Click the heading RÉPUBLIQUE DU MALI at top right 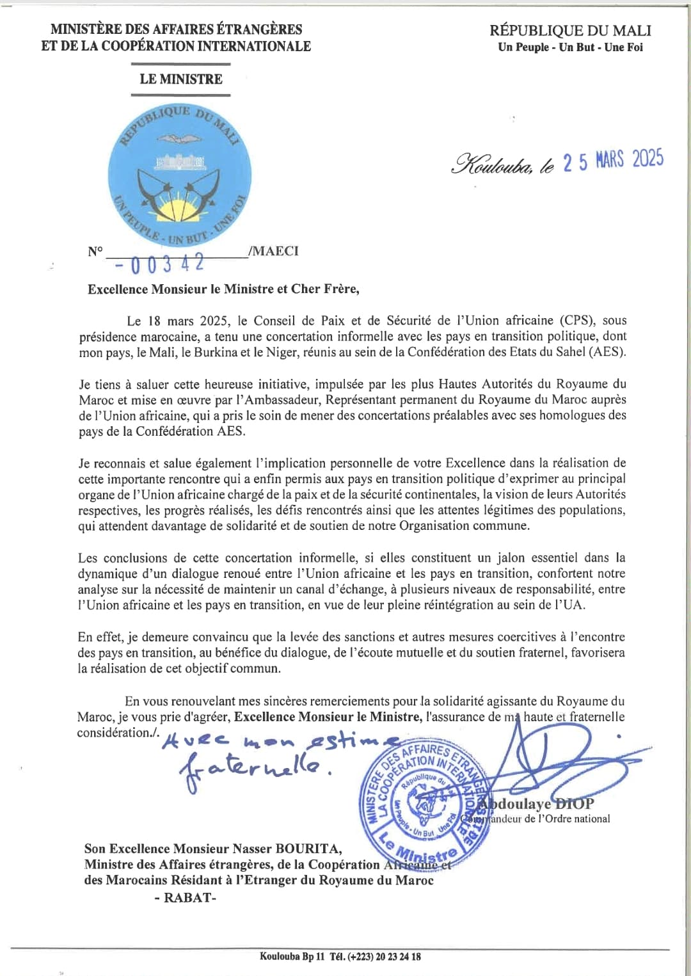click(570, 30)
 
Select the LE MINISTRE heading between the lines click(181, 79)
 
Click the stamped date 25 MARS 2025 click(612, 160)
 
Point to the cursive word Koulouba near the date click(490, 164)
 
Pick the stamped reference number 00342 click(163, 263)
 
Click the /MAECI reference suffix click(273, 251)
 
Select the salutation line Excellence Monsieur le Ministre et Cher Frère click(223, 289)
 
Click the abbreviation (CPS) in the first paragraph click(578, 321)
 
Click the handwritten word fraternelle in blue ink click(256, 767)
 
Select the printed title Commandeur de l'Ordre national click(544, 819)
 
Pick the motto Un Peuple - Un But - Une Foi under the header click(570, 47)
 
